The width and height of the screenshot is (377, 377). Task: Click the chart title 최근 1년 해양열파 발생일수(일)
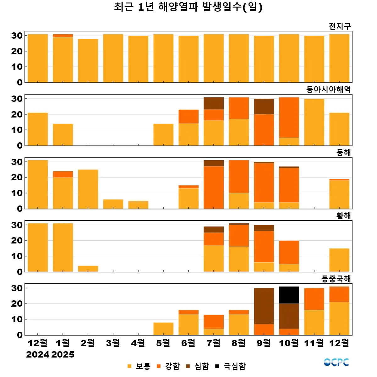pyautogui.click(x=188, y=7)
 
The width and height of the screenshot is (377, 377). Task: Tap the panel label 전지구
pyautogui.click(x=340, y=26)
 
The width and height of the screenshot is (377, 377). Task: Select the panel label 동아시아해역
pyautogui.click(x=328, y=90)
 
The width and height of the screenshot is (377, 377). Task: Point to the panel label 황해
pyautogui.click(x=343, y=216)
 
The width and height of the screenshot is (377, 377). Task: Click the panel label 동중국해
pyautogui.click(x=336, y=279)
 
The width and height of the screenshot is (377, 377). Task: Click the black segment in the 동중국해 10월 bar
pyautogui.click(x=289, y=295)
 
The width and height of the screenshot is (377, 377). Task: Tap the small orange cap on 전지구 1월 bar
pyautogui.click(x=63, y=36)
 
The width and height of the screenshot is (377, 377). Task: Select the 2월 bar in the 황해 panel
pyautogui.click(x=88, y=269)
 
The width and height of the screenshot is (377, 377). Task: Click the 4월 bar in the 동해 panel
pyautogui.click(x=138, y=205)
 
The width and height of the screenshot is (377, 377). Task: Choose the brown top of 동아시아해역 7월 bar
pyautogui.click(x=214, y=103)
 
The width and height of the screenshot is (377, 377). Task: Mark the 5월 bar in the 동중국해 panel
pyautogui.click(x=163, y=329)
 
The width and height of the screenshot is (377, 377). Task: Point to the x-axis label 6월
pyautogui.click(x=188, y=343)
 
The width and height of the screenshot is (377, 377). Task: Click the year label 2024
pyautogui.click(x=38, y=355)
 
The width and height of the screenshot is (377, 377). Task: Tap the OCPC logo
pyautogui.click(x=336, y=362)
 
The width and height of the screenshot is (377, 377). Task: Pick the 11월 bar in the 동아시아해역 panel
pyautogui.click(x=314, y=122)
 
